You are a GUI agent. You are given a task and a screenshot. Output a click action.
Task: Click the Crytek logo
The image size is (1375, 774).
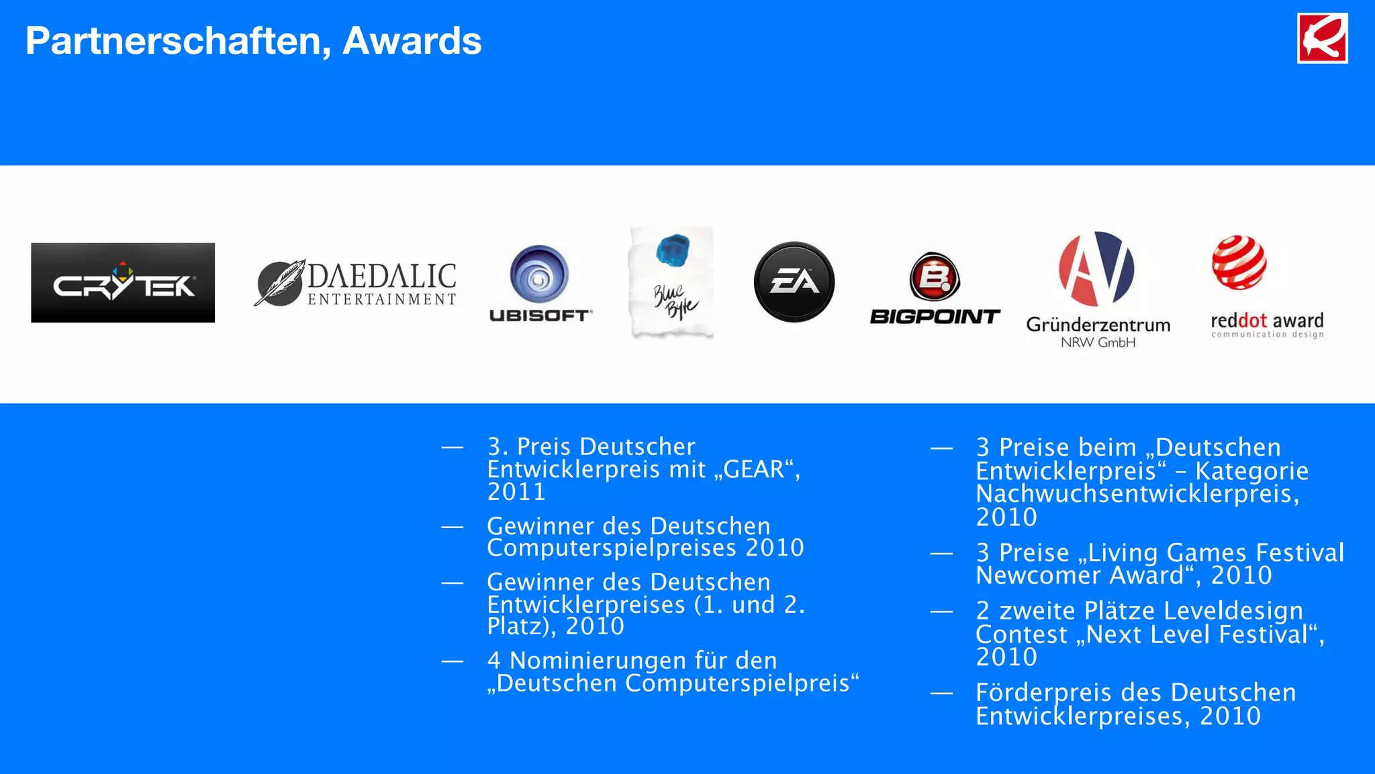123,283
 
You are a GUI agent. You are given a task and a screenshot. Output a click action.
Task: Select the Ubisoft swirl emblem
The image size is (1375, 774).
539,274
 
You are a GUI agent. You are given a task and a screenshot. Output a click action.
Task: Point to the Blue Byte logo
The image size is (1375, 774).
671,282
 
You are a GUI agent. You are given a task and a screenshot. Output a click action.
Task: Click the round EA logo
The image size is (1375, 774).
794,282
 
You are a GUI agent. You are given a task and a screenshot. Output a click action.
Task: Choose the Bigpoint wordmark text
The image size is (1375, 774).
935,316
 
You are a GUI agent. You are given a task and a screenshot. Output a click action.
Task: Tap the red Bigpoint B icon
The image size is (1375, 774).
935,276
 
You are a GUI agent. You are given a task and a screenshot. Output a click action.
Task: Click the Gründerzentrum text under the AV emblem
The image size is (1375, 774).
1098,325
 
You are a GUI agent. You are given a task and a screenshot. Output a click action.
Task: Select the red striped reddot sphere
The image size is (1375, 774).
1239,263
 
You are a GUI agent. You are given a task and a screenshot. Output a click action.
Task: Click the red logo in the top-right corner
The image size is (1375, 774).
1322,38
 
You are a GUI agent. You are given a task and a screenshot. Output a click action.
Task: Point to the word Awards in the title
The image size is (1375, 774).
412,41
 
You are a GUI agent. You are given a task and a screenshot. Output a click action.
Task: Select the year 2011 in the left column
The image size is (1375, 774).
516,492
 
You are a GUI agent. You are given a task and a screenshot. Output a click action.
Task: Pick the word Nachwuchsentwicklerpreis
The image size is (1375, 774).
1137,494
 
